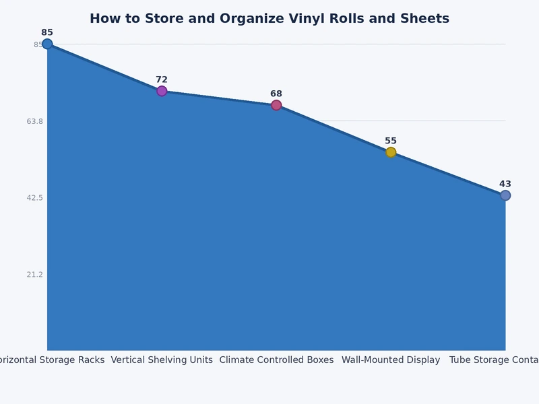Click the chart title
[269, 19]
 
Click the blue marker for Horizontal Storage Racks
[47, 44]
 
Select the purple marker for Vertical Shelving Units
[162, 91]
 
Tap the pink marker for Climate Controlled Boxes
[276, 105]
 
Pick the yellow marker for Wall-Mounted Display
[391, 152]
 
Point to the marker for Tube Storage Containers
[505, 195]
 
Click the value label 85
[47, 32]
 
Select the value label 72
[162, 79]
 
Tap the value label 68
[276, 94]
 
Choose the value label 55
[391, 141]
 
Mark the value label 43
[505, 184]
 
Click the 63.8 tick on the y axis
[34, 121]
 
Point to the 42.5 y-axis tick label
[34, 198]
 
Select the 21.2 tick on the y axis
[34, 274]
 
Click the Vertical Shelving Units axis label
[162, 360]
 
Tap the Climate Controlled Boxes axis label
[276, 360]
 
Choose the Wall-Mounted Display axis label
[391, 360]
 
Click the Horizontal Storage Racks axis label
[53, 360]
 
